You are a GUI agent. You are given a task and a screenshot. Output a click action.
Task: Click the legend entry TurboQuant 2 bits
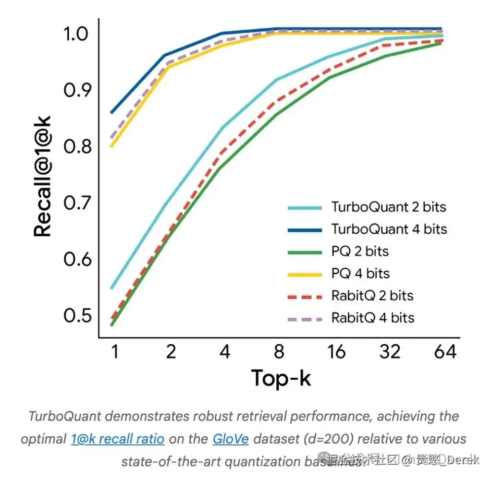coord(388,207)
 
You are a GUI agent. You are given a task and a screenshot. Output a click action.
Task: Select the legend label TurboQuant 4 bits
coord(389,229)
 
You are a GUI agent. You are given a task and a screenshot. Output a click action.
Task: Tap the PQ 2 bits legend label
coord(360,251)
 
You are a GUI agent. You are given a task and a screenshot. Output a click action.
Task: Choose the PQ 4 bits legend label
coord(360,274)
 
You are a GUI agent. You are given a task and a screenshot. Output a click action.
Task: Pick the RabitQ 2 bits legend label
coord(372,296)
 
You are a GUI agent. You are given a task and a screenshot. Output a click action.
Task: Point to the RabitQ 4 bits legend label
coord(372,318)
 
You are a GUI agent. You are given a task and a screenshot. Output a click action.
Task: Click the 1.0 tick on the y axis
coord(77,34)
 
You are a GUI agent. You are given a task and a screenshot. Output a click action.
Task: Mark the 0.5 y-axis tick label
coord(77,315)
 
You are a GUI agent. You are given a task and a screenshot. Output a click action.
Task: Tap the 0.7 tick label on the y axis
coord(77,204)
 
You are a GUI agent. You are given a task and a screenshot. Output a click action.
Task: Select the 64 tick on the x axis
coord(445,352)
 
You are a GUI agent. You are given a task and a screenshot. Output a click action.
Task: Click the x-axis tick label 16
coord(334,352)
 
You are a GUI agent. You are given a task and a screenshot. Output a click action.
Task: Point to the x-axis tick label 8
coord(279,352)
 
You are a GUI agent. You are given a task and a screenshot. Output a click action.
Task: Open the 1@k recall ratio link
coord(117,439)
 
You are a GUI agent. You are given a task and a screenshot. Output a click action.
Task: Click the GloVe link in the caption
coord(231,439)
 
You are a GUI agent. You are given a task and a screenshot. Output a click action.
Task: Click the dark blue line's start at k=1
coord(111,113)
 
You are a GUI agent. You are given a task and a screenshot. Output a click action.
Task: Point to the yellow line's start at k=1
coord(111,146)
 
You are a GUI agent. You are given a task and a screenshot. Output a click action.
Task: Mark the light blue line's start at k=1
coord(111,288)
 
